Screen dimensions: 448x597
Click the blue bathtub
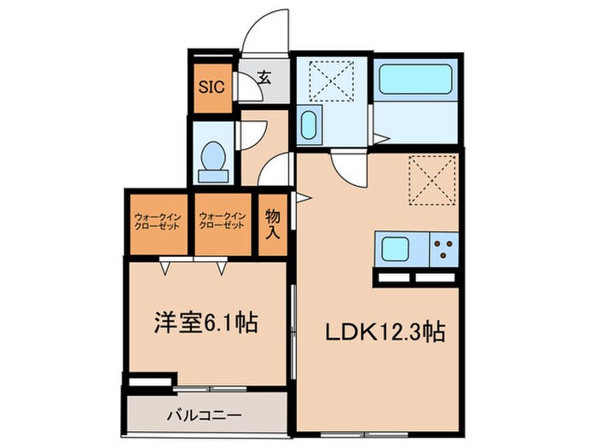(419, 80)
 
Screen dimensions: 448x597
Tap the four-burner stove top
(444, 250)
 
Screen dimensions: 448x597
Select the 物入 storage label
(272, 224)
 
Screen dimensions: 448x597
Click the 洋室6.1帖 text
(206, 325)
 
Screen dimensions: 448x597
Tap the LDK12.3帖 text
(380, 332)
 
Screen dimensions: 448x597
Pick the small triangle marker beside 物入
(300, 198)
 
